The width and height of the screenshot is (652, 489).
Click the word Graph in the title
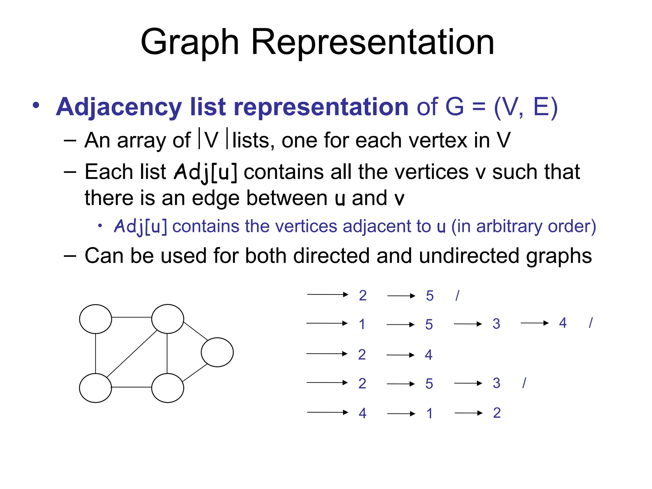click(189, 42)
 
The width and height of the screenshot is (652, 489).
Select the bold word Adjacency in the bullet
click(119, 107)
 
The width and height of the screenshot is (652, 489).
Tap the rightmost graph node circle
click(217, 352)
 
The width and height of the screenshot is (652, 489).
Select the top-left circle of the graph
click(96, 319)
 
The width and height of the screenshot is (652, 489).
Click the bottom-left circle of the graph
click(96, 388)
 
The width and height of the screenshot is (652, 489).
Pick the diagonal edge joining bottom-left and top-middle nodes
click(132, 354)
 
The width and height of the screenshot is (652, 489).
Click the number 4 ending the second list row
click(563, 323)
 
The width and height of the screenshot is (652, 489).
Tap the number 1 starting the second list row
click(362, 324)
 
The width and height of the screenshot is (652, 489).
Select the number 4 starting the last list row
click(362, 413)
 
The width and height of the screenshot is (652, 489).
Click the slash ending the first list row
click(457, 295)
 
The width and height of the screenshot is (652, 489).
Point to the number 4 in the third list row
click(429, 355)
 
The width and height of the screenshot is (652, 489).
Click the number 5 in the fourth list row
click(429, 384)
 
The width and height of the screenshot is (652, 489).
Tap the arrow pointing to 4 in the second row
click(535, 323)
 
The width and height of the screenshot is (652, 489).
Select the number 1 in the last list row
click(430, 414)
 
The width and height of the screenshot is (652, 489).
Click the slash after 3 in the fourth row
click(524, 383)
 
